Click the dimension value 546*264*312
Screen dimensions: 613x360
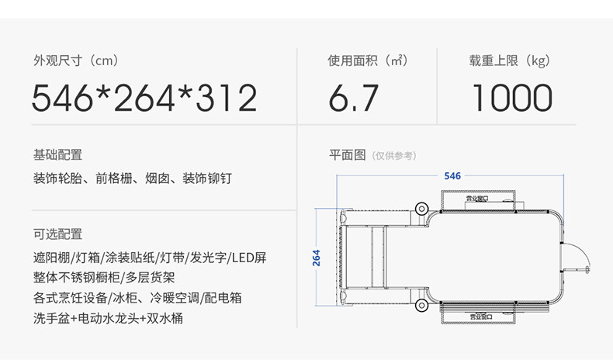pos(144,99)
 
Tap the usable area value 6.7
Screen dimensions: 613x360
pos(353,99)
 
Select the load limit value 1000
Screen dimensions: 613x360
pos(511,99)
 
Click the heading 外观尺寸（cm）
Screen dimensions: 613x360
pos(75,61)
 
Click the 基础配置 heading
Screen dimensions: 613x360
pos(57,154)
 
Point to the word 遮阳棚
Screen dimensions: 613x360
pos(51,257)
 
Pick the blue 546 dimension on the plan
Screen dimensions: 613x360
pos(452,176)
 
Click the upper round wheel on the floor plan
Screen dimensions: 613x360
pos(421,208)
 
